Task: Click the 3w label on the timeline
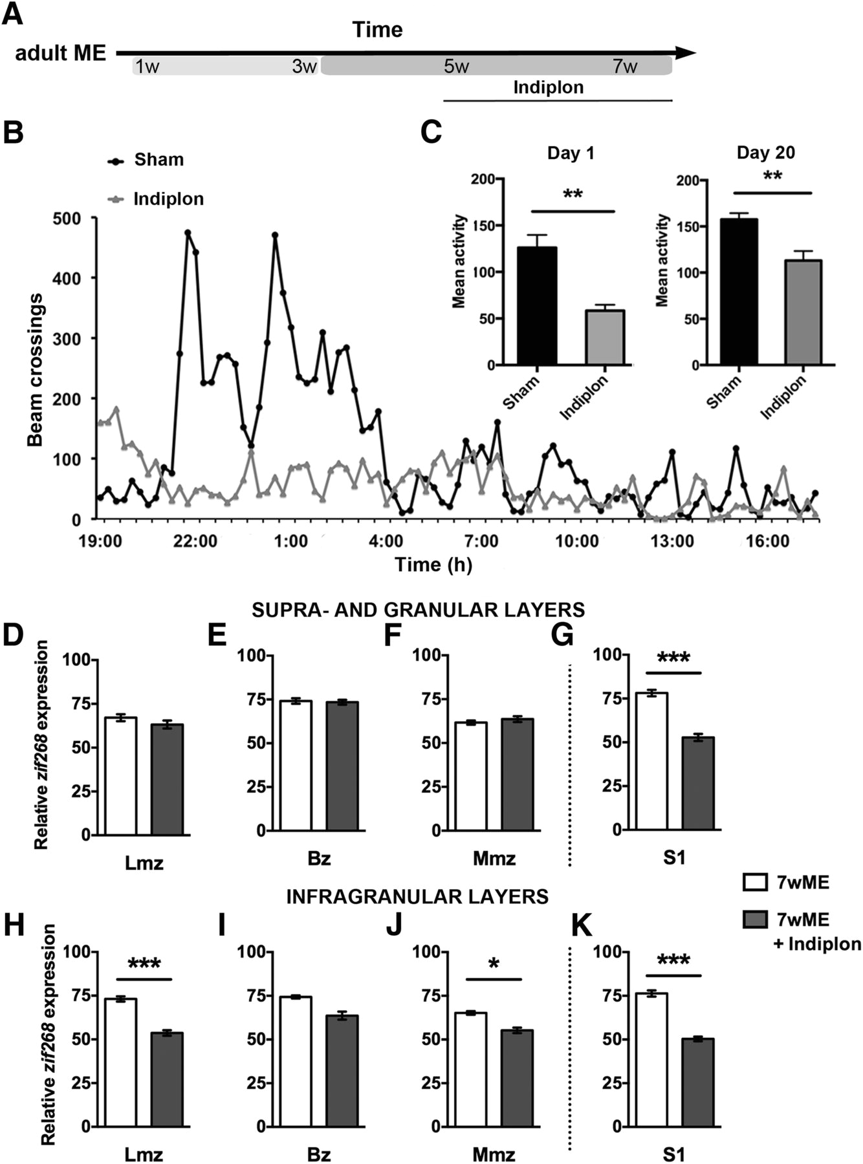[x=304, y=67]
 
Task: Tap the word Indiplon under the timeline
[x=548, y=87]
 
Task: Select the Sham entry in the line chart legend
[x=158, y=160]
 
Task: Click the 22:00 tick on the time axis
[x=195, y=540]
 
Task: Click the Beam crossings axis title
[x=36, y=370]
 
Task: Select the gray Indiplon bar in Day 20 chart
[x=803, y=312]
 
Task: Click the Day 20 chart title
[x=766, y=153]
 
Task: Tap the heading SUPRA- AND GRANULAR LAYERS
[x=418, y=609]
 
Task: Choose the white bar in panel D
[x=121, y=776]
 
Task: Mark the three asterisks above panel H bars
[x=144, y=964]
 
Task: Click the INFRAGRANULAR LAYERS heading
[x=417, y=896]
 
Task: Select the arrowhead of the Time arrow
[x=685, y=52]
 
